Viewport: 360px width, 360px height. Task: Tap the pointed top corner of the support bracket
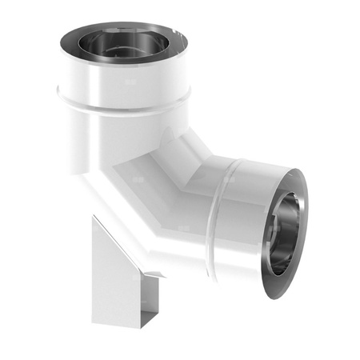point(95,217)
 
